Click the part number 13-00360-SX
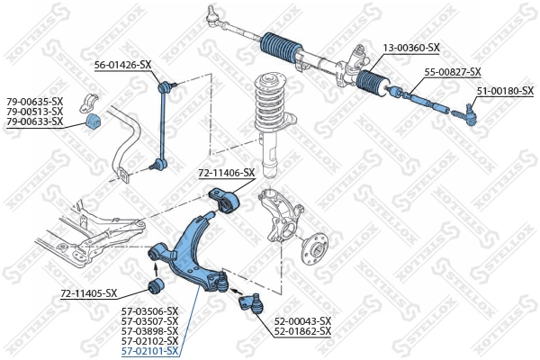[410, 47]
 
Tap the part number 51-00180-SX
[505, 91]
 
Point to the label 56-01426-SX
[123, 65]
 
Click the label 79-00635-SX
[35, 101]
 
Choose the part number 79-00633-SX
[35, 121]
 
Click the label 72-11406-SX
[227, 172]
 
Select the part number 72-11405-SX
[89, 293]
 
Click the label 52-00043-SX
[302, 320]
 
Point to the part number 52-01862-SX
[302, 331]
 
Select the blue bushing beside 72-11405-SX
[153, 287]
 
